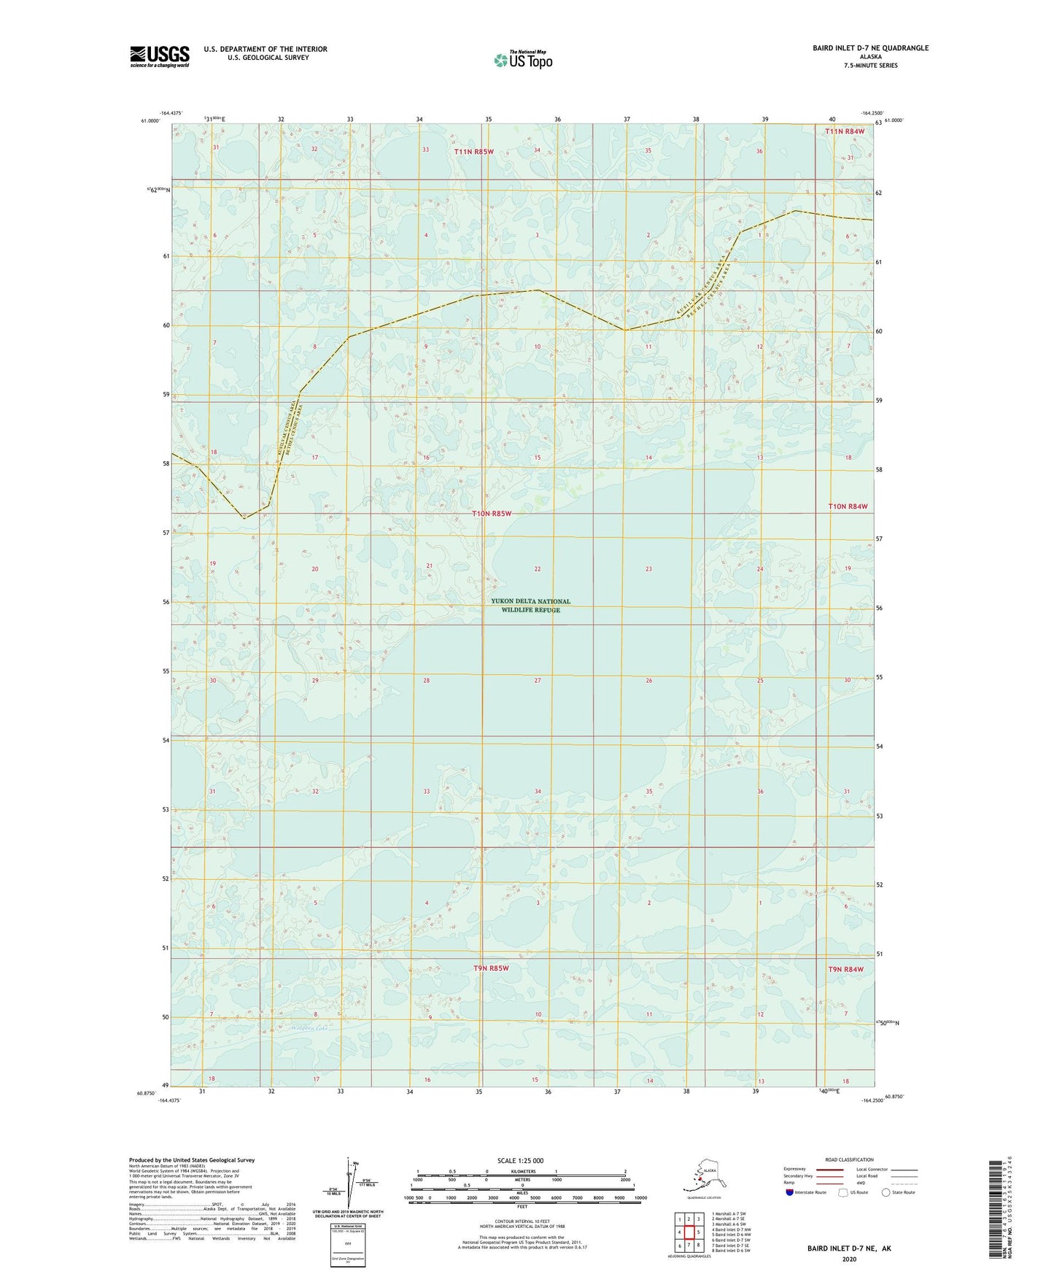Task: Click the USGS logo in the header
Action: pyautogui.click(x=159, y=56)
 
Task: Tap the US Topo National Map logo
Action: pyautogui.click(x=523, y=60)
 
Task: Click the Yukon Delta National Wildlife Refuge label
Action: pyautogui.click(x=530, y=606)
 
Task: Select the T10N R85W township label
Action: pyautogui.click(x=492, y=514)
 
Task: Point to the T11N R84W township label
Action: pyautogui.click(x=845, y=131)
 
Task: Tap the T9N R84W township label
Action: pyautogui.click(x=845, y=969)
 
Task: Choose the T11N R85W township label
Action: pyautogui.click(x=473, y=152)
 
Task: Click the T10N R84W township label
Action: pyautogui.click(x=848, y=506)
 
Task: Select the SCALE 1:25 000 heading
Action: pyautogui.click(x=520, y=1160)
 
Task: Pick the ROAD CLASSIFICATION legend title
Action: pyautogui.click(x=849, y=1159)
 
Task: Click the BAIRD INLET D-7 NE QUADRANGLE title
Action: pyautogui.click(x=870, y=48)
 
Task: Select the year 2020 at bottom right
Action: pyautogui.click(x=849, y=1259)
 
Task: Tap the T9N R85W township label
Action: pyautogui.click(x=490, y=968)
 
